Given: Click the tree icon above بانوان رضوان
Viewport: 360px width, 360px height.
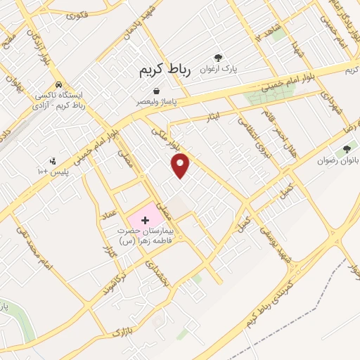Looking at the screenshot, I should pyautogui.click(x=345, y=149).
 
